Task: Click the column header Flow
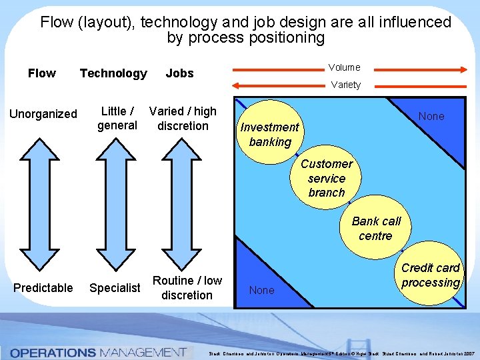coord(42,73)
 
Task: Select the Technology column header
coord(113,73)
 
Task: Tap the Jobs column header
coord(179,73)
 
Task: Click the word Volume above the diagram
coord(344,67)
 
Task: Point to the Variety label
coord(345,85)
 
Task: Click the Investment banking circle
coord(270,134)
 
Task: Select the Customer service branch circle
coord(327,178)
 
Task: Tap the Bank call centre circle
coord(376,228)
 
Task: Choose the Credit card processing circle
coord(430,275)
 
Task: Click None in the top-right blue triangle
coord(431,116)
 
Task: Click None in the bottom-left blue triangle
coord(261,290)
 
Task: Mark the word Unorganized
coord(43,114)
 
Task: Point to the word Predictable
coord(43,288)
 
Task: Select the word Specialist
coord(115,288)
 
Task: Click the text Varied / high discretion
coord(183,119)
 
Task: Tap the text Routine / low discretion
coord(187,287)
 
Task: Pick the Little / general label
coord(117,118)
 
